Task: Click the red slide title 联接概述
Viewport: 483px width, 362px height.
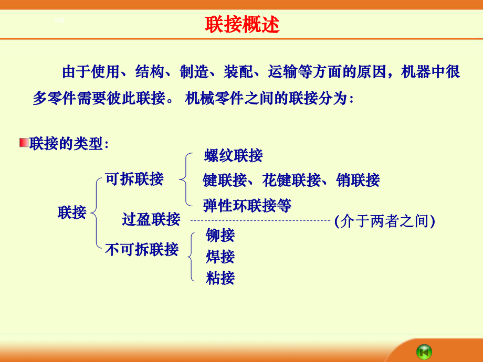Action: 242,25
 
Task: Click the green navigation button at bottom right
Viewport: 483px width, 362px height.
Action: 424,350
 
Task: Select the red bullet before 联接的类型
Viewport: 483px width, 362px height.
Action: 24,143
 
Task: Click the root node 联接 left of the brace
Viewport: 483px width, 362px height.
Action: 72,212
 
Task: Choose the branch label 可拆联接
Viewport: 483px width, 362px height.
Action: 134,179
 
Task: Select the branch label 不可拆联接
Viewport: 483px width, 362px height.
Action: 142,249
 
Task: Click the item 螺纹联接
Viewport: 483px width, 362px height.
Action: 233,156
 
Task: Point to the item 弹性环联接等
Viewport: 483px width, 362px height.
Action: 247,205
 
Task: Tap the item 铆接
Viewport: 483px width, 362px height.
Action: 220,236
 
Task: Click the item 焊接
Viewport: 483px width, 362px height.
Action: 220,257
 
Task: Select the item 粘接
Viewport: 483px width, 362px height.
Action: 220,278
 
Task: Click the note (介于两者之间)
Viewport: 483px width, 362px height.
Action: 385,221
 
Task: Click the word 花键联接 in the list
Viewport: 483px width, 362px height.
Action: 291,180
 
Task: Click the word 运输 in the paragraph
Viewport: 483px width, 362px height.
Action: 282,72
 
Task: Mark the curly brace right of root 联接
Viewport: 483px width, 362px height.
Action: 94,212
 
